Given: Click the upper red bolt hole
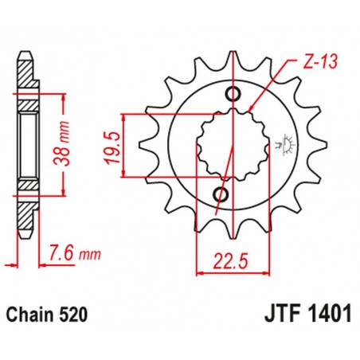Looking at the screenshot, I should (233, 96).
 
